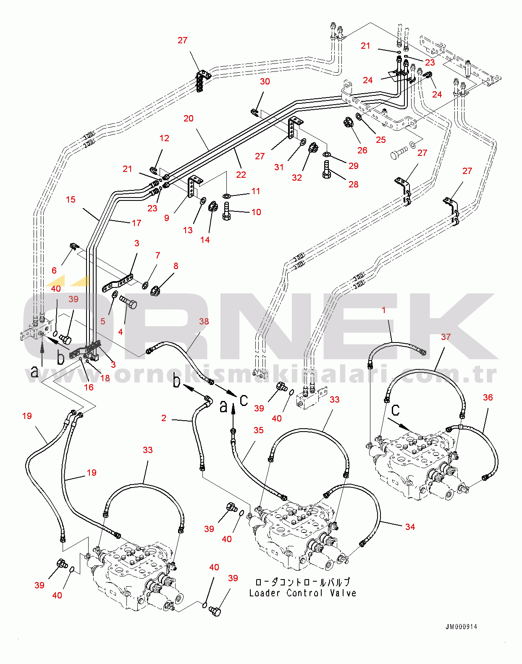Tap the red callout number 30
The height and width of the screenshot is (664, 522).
(265, 82)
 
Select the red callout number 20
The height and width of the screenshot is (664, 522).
(189, 119)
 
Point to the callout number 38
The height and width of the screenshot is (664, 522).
(204, 321)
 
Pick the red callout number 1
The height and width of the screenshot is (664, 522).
(383, 310)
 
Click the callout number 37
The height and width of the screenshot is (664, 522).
(446, 337)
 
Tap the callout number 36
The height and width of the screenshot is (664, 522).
(488, 398)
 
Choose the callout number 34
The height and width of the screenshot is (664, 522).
(410, 527)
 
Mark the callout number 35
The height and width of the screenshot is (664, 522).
(259, 430)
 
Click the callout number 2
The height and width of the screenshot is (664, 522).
(164, 418)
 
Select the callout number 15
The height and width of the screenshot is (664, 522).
(71, 200)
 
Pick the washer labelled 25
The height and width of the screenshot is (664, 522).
(359, 116)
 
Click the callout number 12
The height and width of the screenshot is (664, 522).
(164, 138)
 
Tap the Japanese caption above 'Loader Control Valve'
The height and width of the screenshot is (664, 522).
(303, 582)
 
